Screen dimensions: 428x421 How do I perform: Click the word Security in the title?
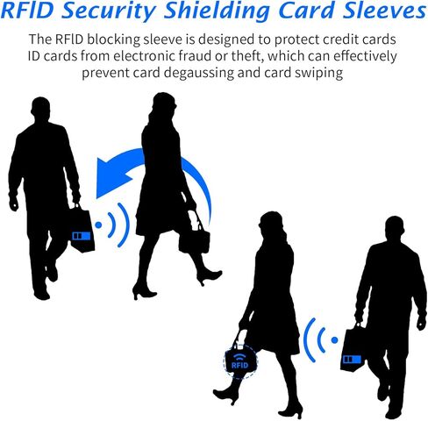[109, 11]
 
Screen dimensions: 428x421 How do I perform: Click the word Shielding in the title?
[217, 11]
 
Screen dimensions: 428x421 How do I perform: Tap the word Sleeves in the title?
[384, 10]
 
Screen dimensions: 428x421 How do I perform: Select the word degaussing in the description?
[199, 73]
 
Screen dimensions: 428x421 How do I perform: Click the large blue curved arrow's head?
[112, 177]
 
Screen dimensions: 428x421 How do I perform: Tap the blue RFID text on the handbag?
[239, 365]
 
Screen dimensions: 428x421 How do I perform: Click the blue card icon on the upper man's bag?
[82, 236]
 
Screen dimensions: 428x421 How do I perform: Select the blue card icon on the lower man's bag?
[353, 359]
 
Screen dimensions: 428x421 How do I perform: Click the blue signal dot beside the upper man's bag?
[98, 225]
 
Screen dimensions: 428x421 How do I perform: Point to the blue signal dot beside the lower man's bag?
[335, 340]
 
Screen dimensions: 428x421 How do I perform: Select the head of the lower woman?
[271, 224]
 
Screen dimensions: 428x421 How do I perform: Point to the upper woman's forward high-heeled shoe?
[210, 277]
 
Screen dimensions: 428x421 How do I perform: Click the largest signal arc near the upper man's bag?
[125, 225]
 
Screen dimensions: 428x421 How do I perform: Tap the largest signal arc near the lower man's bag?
[308, 340]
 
